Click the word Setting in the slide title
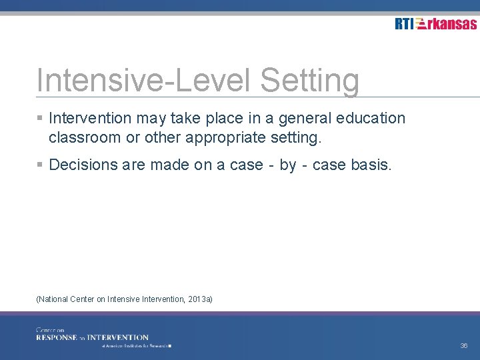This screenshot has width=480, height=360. [x=309, y=81]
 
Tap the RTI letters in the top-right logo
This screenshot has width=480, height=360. [x=403, y=24]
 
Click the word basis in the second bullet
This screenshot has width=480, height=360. [x=371, y=164]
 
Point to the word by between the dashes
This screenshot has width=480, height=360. [x=288, y=165]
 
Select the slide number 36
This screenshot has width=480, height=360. [x=463, y=346]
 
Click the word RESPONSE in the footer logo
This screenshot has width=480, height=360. [x=57, y=337]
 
